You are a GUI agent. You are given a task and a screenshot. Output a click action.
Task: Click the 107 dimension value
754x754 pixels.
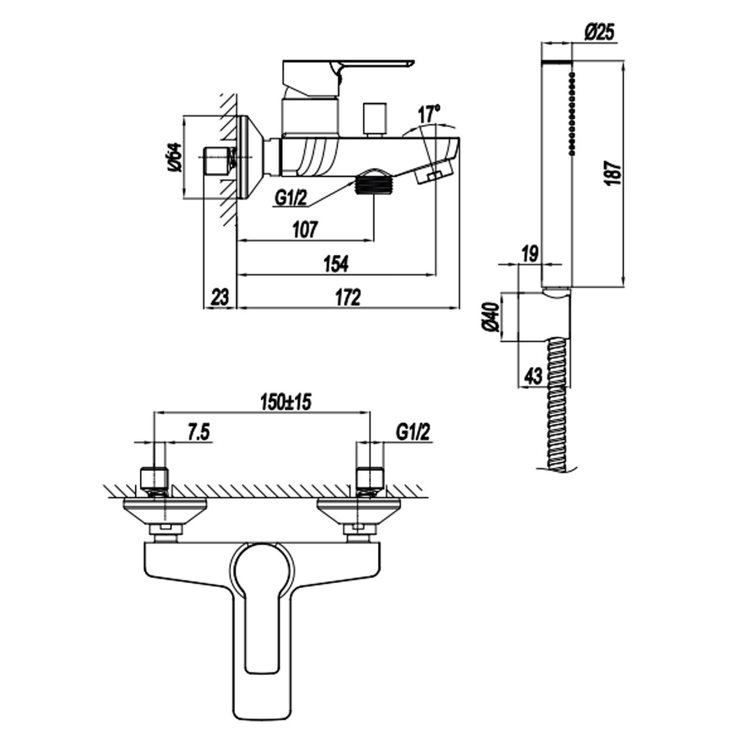[305, 230]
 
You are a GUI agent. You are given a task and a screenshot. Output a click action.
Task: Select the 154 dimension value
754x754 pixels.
[336, 264]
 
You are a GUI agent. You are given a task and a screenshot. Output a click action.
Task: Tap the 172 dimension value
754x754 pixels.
[348, 297]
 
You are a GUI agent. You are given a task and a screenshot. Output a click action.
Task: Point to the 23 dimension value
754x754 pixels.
[219, 297]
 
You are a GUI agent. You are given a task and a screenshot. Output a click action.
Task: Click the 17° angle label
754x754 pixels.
[429, 114]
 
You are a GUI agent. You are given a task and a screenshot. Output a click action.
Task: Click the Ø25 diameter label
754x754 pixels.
[599, 33]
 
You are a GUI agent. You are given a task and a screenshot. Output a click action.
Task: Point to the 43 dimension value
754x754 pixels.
[533, 375]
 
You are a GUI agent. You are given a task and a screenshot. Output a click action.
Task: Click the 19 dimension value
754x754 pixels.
[529, 254]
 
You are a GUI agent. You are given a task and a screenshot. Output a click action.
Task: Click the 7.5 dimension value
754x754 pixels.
[199, 432]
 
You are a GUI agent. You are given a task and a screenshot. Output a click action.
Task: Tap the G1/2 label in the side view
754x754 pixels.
[291, 198]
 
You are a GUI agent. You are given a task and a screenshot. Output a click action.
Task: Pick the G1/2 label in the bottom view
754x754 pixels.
[413, 432]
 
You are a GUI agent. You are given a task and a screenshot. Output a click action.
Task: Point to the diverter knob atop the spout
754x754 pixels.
[375, 119]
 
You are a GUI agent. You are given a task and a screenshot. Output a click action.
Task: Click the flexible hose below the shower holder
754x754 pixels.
[558, 407]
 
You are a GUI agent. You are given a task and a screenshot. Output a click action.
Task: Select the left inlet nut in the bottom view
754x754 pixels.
[153, 479]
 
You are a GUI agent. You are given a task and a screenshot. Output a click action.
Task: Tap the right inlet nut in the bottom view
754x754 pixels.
[370, 479]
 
